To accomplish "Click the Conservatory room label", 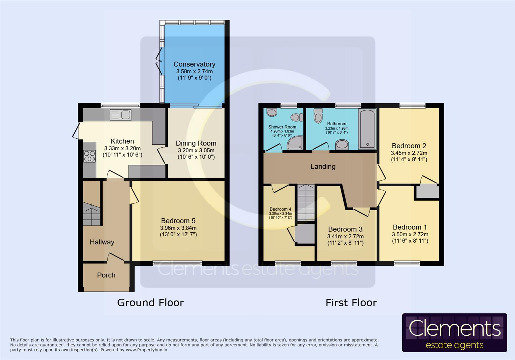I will click(194, 64).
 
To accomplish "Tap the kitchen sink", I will click(120, 115).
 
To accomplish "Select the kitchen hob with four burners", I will click(89, 156).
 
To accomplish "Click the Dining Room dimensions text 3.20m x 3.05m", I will click(196, 150).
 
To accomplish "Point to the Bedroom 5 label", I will click(178, 221).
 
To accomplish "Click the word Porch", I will click(106, 275).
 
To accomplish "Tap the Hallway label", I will click(102, 242).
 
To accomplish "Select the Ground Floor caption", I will click(150, 303).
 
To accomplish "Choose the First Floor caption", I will click(351, 303).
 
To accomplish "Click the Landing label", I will click(323, 166).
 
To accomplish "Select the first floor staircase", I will click(306, 203).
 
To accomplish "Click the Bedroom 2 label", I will click(409, 146).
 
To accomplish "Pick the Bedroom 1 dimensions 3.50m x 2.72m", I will click(410, 234).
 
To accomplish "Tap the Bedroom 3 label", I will click(345, 229).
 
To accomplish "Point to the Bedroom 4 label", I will click(280, 209).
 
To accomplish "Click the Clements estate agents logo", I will click(454, 333).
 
